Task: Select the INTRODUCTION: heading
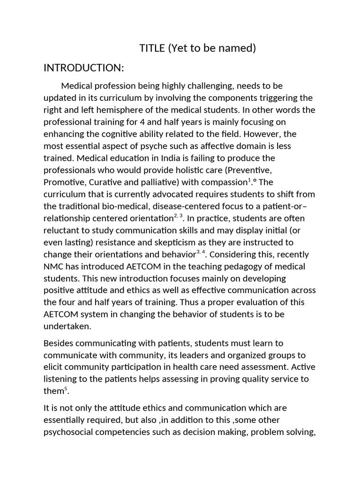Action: [83, 68]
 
